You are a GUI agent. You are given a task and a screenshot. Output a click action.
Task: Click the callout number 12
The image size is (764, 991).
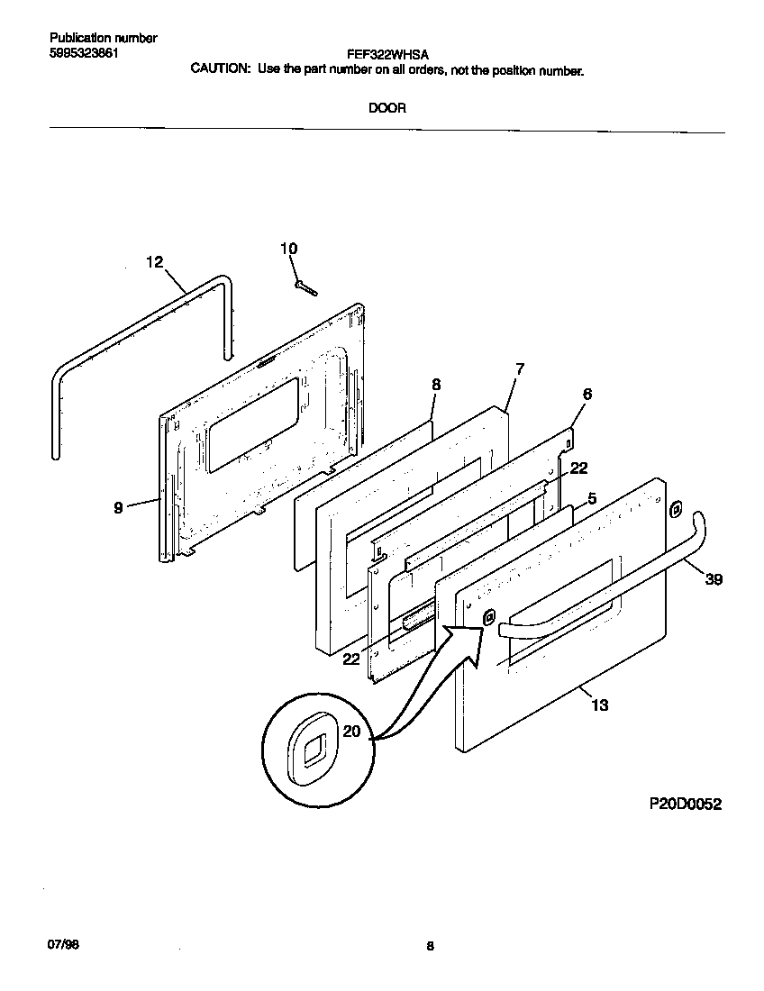[x=154, y=262]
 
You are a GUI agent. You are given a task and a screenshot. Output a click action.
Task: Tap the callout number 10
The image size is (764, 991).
[x=288, y=249]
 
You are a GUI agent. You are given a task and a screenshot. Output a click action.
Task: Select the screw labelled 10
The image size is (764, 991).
[x=305, y=286]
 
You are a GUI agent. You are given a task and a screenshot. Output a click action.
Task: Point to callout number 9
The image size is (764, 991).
[x=118, y=508]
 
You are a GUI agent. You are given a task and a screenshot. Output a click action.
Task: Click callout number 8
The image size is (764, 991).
[x=436, y=385]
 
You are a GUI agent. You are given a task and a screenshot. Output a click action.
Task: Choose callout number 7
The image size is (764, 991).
[x=520, y=368]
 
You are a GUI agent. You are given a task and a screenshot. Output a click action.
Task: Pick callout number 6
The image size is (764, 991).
[x=587, y=394]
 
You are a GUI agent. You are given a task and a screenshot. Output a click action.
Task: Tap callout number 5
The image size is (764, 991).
[x=592, y=497]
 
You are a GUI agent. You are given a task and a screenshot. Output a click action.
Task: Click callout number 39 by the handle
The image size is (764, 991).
[x=713, y=579]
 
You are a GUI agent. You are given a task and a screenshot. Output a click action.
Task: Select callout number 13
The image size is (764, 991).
[x=599, y=705]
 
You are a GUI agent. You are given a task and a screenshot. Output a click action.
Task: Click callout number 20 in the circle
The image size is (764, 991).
[x=351, y=732]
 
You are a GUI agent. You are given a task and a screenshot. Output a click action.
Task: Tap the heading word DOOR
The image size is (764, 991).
[x=387, y=108]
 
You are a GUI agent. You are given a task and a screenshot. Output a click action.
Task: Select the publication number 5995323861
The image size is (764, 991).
[x=84, y=52]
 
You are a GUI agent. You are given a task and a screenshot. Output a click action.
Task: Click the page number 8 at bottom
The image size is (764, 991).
[x=430, y=946]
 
